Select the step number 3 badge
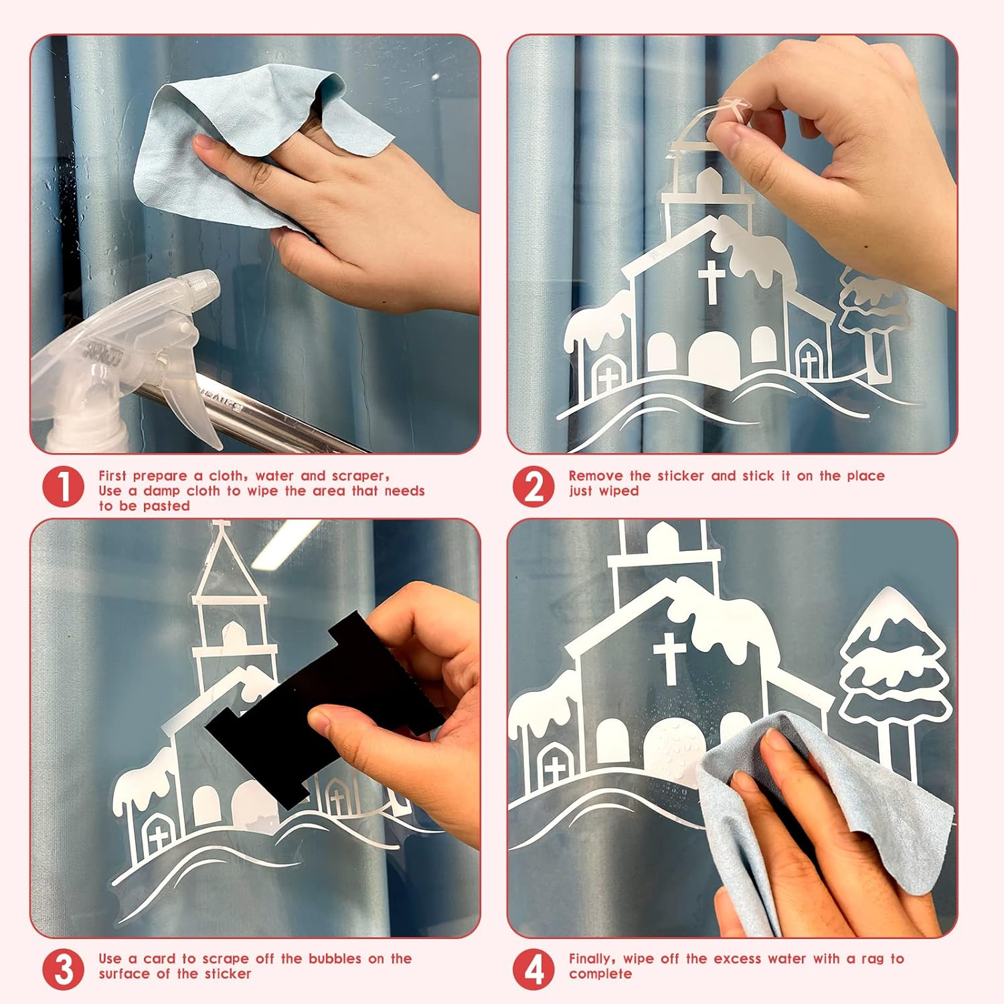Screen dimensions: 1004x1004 pyautogui.click(x=64, y=969)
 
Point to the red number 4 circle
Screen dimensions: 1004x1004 pyautogui.click(x=533, y=969)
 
